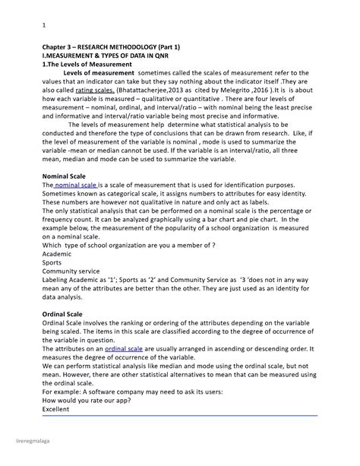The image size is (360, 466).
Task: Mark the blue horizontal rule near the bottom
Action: (x=179, y=415)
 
